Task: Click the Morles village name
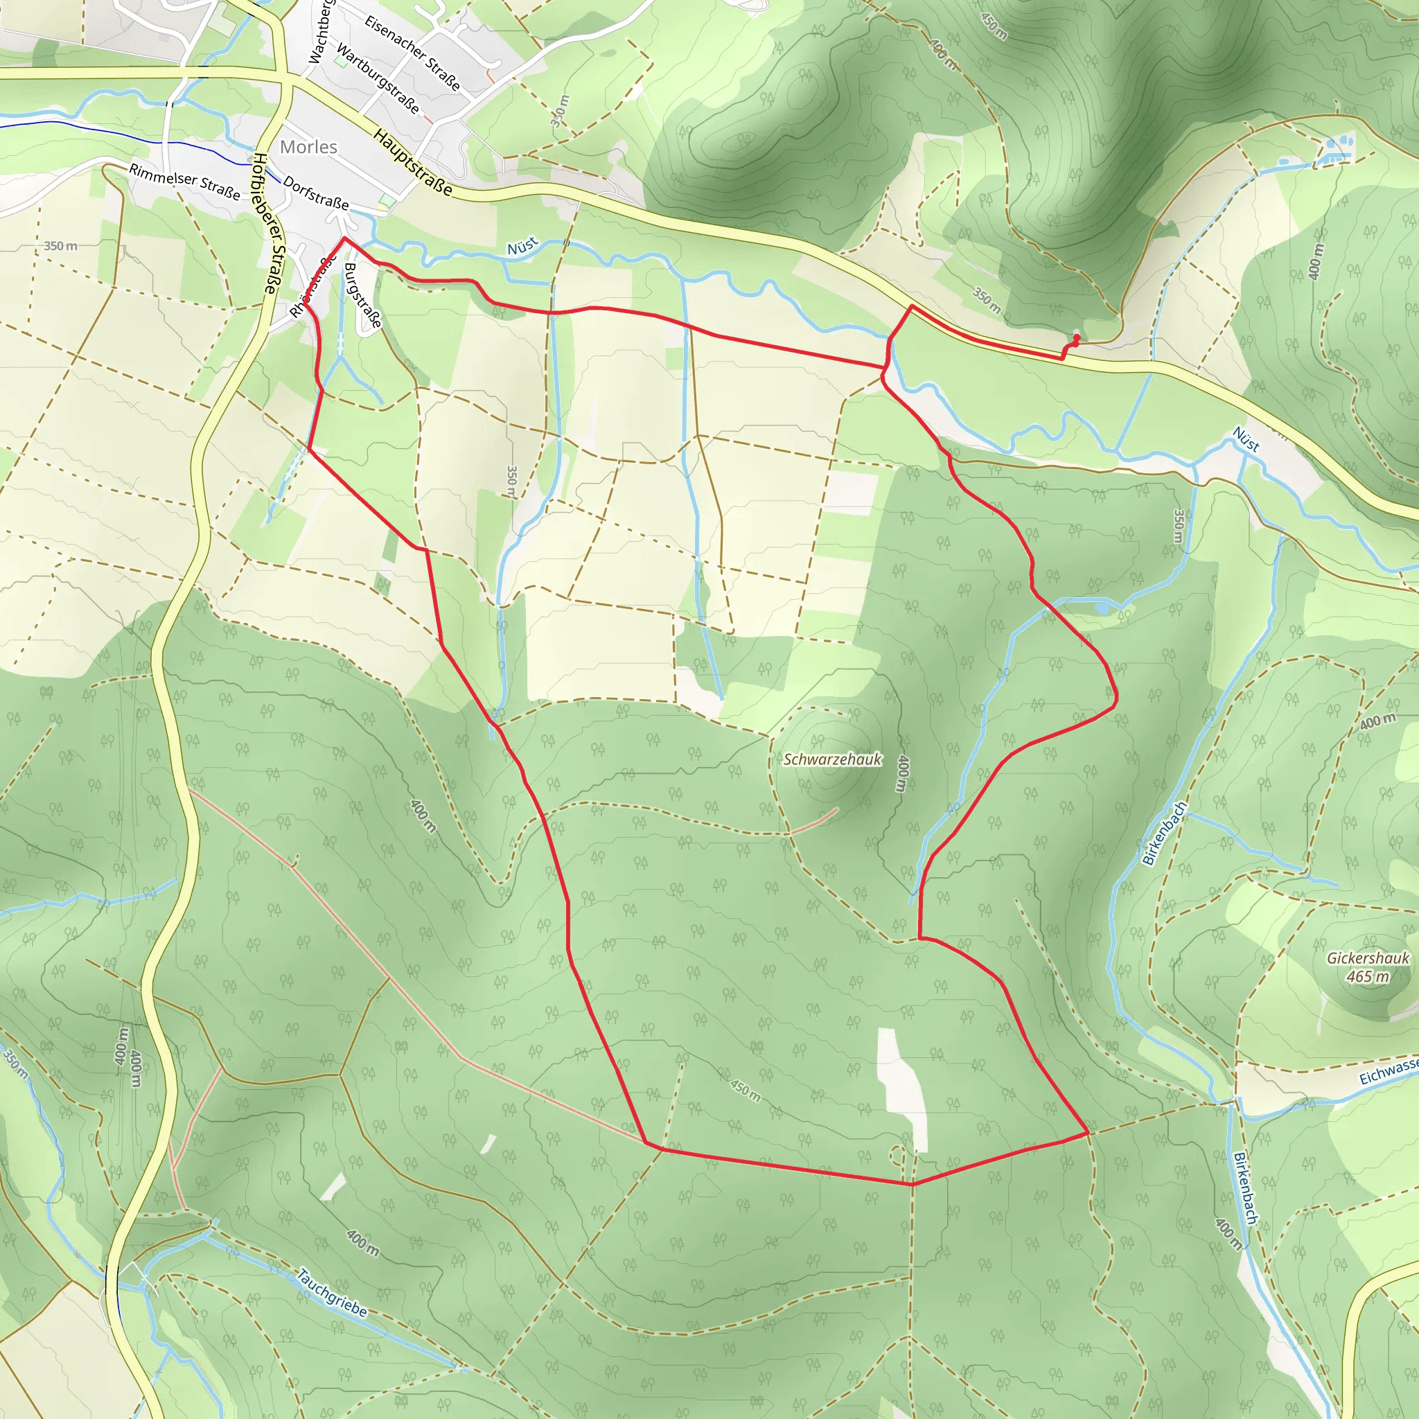[308, 147]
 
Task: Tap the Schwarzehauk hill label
[832, 759]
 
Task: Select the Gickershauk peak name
[1368, 958]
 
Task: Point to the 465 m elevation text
[1368, 977]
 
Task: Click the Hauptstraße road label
[413, 162]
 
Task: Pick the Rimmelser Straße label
[184, 182]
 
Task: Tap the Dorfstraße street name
[316, 193]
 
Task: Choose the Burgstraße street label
[363, 295]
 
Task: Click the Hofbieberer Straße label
[265, 224]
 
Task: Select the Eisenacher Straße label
[413, 53]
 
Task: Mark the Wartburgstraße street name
[378, 78]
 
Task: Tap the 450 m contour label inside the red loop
[746, 1091]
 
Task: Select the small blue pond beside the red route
[1102, 608]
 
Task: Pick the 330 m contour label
[561, 111]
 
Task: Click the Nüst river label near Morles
[522, 246]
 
